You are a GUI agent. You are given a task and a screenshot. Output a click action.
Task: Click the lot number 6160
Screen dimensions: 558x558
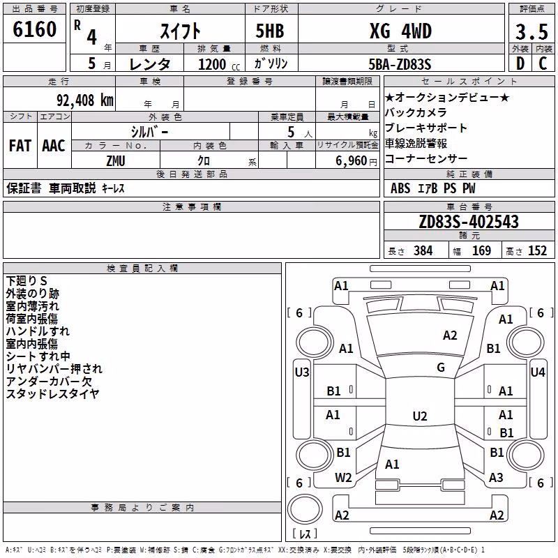34,29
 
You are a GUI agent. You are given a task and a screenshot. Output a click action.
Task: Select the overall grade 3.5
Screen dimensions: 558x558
531,31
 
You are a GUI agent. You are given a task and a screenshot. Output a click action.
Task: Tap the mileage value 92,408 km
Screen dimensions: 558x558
85,100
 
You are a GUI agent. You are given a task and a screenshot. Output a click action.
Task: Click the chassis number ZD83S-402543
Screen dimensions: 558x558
469,222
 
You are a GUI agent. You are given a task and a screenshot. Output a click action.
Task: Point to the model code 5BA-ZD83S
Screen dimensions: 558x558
400,64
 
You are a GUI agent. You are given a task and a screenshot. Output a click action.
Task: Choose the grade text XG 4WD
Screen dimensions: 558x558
400,31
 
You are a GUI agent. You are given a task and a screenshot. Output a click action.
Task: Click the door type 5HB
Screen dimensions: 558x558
270,31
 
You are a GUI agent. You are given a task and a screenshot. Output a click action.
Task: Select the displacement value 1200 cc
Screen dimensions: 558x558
219,64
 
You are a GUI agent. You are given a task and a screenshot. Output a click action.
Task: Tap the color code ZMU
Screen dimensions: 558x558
116,161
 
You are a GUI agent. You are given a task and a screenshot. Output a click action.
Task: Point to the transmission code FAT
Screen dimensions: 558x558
20,146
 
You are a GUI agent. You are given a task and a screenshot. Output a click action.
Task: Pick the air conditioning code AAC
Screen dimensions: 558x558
54,146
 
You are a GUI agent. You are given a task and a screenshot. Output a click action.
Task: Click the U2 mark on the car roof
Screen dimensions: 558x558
420,416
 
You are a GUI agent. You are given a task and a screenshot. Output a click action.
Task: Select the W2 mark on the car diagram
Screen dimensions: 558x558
343,478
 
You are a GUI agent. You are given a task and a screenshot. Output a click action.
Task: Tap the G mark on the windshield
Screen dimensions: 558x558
441,368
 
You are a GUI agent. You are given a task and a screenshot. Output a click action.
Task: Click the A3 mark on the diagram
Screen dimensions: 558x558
496,478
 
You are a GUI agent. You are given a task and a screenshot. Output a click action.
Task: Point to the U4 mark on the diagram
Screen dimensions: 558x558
538,372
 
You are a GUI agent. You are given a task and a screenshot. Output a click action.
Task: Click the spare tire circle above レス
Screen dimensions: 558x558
305,509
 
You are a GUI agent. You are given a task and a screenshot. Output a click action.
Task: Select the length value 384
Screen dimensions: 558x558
423,251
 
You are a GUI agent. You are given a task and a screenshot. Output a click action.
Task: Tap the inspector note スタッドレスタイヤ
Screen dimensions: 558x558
53,394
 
